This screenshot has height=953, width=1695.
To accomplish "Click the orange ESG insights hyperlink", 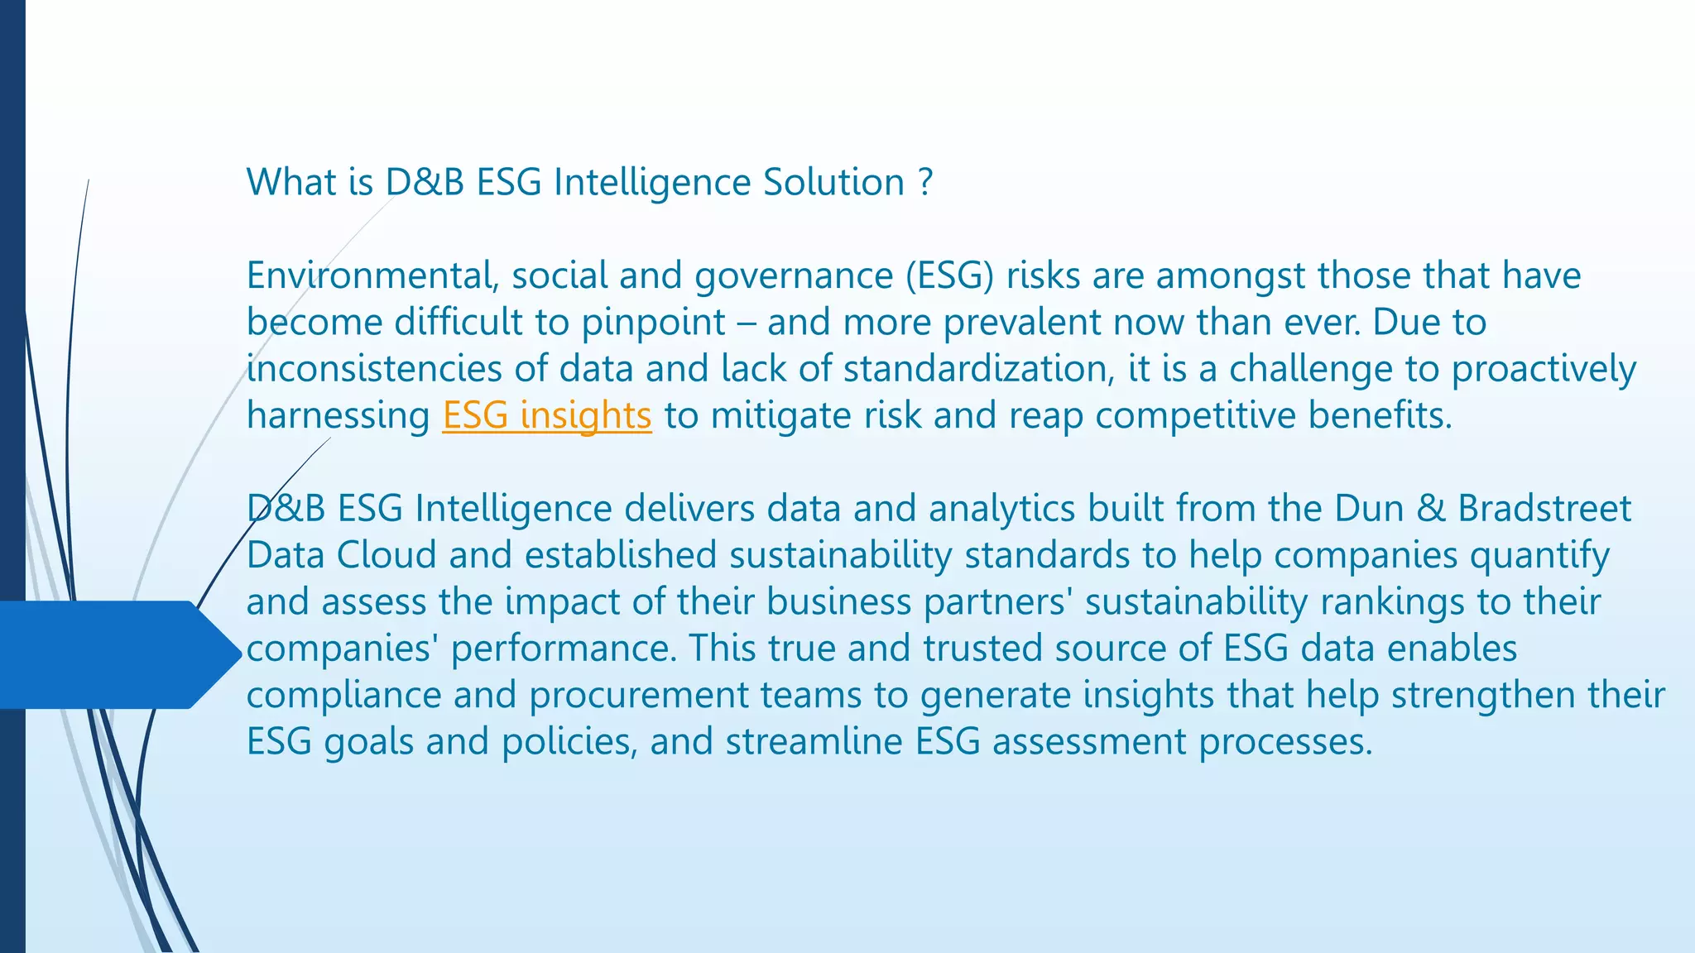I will pos(547,415).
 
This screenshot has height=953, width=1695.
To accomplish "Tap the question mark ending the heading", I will pos(926,182).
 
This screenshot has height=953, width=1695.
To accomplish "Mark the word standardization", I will pos(978,369).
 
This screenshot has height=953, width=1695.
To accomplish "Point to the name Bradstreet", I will pos(1544,508).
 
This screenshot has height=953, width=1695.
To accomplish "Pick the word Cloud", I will pos(387,555).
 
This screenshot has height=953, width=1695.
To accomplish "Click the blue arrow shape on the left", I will pos(116,654).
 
